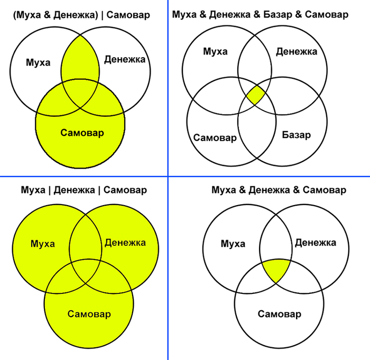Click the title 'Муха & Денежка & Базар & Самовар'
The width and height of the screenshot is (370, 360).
[x=260, y=14]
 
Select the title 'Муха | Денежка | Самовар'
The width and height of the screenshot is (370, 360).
[x=84, y=190]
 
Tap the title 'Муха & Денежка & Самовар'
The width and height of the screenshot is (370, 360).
[x=279, y=190]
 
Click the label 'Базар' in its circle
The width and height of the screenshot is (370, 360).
[x=296, y=134]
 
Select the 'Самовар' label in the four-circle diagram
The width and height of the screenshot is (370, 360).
[x=215, y=137]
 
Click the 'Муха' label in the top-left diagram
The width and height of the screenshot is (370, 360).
[x=38, y=62]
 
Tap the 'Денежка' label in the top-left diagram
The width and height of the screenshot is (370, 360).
[x=124, y=59]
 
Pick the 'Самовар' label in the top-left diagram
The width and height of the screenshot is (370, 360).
[x=82, y=132]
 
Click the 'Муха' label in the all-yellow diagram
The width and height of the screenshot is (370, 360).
[x=43, y=244]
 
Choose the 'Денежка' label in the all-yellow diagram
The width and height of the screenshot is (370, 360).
[x=125, y=243]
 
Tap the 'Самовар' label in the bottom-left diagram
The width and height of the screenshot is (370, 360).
[x=89, y=314]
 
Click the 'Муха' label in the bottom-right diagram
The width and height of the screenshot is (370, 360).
[x=233, y=244]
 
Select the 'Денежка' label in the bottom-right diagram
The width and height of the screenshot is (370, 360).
[x=315, y=243]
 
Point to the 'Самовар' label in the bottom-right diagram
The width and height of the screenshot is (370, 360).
[x=279, y=315]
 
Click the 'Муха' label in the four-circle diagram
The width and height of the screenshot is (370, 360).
[x=215, y=51]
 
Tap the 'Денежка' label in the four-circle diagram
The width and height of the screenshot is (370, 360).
[x=297, y=51]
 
